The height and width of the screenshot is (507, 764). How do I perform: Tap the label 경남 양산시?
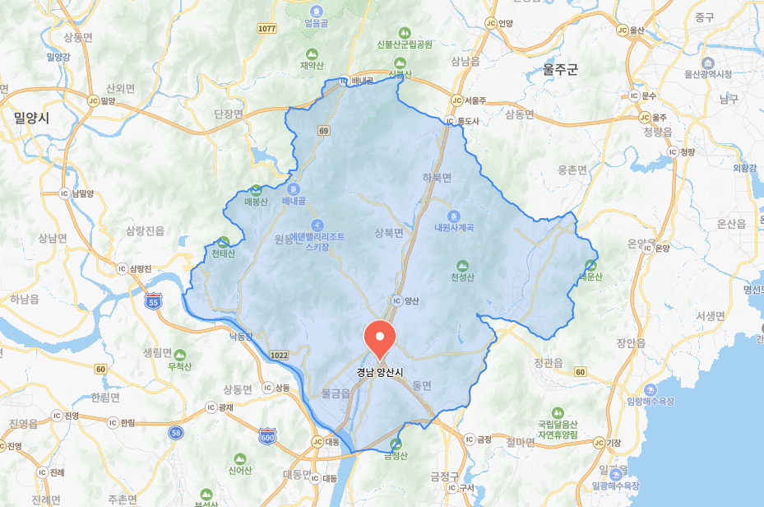point(380,371)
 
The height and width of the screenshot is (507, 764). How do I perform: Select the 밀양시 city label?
point(31,118)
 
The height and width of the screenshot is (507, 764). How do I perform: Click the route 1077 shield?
point(266,28)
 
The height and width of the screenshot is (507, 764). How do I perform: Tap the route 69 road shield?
point(324,131)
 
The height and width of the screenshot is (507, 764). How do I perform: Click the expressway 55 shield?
point(153,302)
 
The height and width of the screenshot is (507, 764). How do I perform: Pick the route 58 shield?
point(175,431)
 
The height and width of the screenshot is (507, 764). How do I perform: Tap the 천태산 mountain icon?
point(223,241)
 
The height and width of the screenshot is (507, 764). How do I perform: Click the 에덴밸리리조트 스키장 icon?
point(317,225)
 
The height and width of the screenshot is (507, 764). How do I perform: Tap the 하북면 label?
point(437,177)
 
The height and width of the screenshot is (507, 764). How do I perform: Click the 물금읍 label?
point(336,393)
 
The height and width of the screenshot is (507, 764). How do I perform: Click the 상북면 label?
point(389,233)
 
